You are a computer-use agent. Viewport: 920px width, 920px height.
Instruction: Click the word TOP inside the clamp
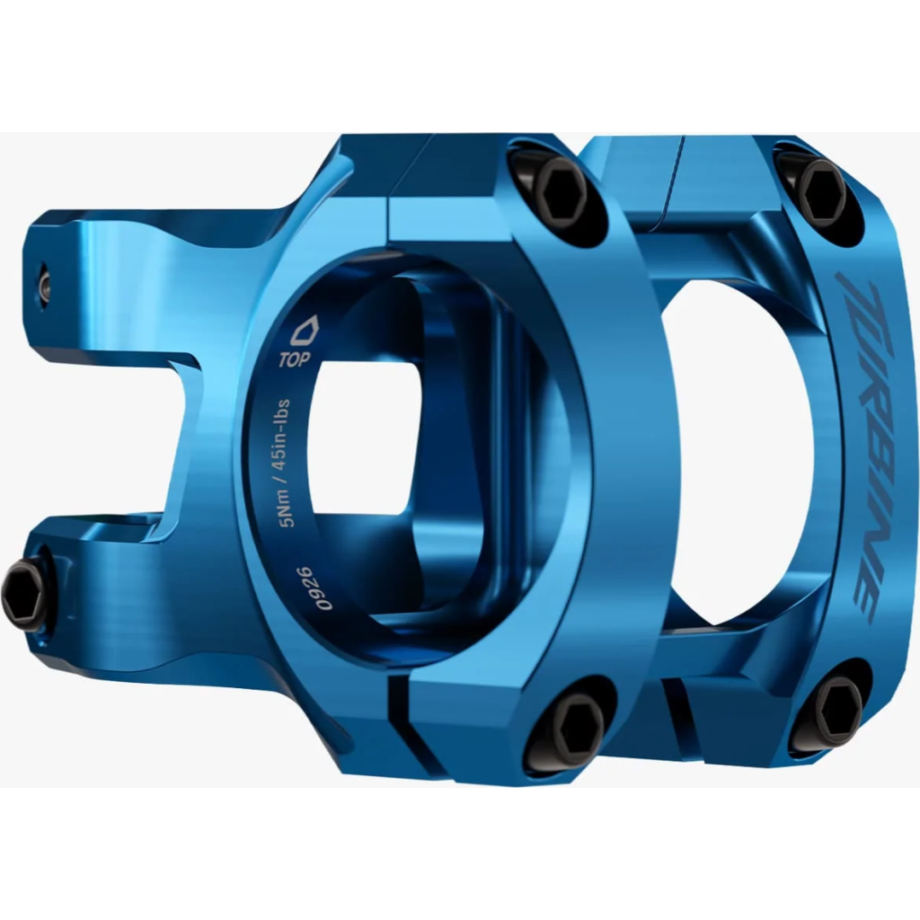(295, 358)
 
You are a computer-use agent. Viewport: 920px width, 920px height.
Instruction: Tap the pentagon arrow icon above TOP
(305, 331)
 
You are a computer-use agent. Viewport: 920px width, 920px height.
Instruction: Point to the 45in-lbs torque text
(283, 432)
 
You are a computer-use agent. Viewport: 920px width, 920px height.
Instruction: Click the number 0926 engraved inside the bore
(316, 588)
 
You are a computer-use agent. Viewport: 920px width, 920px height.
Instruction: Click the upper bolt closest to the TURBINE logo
(823, 189)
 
